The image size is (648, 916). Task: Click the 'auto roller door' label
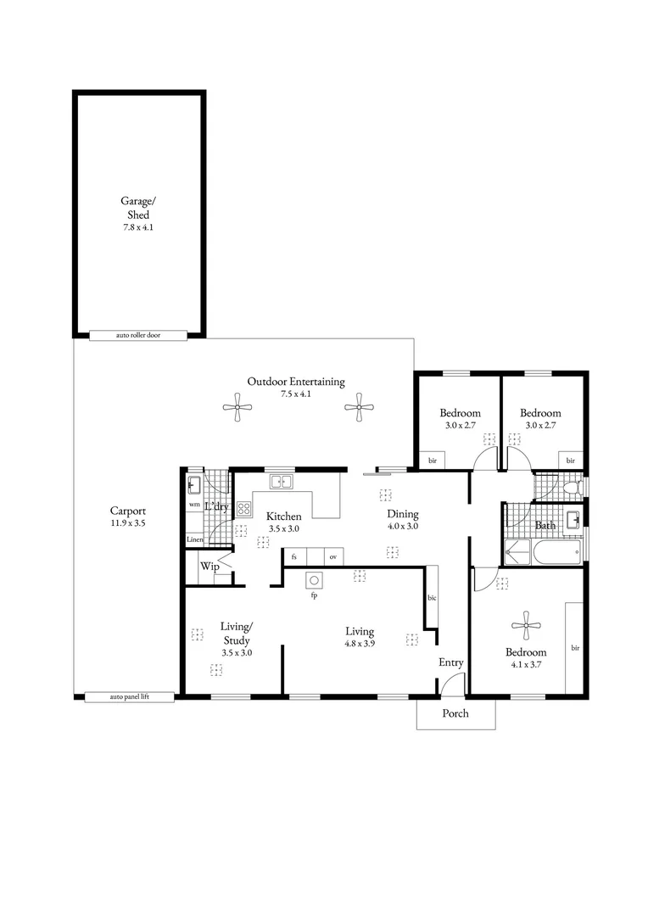(x=138, y=335)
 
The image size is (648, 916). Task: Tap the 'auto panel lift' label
(x=129, y=697)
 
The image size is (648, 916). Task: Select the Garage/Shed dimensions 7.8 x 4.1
(x=138, y=227)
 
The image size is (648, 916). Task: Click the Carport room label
(x=128, y=511)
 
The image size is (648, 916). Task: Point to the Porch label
(x=455, y=713)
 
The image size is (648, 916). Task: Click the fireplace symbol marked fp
(x=315, y=580)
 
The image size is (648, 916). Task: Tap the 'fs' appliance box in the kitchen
(x=294, y=556)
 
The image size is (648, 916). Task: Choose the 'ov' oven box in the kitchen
(x=333, y=556)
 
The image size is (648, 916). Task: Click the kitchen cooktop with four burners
(x=244, y=509)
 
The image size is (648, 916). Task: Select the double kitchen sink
(x=281, y=482)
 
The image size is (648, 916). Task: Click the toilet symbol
(x=573, y=487)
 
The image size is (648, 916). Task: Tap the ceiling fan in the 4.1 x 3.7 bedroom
(x=527, y=626)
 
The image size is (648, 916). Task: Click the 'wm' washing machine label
(x=194, y=504)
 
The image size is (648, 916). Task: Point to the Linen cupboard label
(x=194, y=539)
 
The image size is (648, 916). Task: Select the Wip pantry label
(x=209, y=566)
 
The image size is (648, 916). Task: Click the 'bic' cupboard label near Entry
(x=432, y=598)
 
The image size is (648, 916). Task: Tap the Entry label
(x=451, y=662)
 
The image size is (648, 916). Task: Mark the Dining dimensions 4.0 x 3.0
(x=403, y=527)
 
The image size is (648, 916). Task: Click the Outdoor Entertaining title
(x=296, y=382)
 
